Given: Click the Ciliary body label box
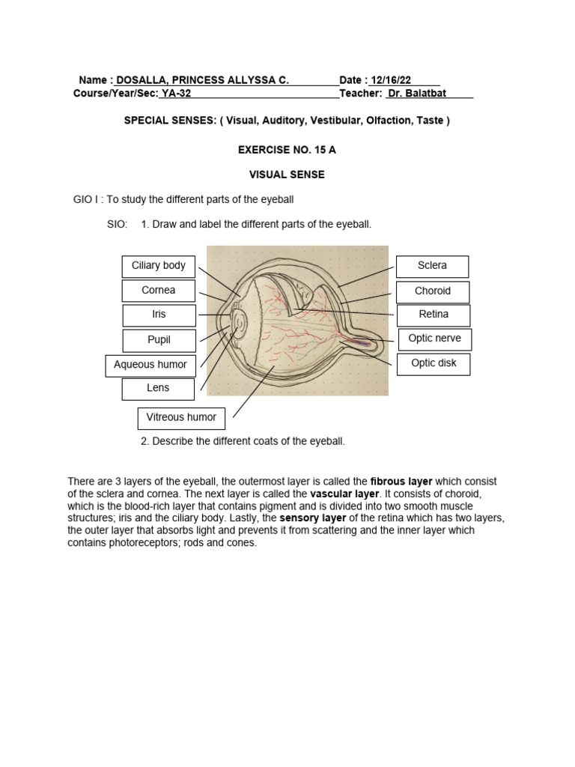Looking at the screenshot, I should (159, 266).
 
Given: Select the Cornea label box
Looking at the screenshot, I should (159, 291).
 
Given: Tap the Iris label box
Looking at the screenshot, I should (159, 315).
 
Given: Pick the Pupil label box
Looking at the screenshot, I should (159, 340).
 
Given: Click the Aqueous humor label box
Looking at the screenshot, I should (150, 366).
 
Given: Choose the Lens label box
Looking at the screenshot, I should (158, 389).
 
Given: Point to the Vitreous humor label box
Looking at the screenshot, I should (181, 418).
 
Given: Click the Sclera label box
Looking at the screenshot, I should (433, 266).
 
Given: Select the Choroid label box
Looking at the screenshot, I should (433, 291).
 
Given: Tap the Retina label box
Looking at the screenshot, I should (433, 315).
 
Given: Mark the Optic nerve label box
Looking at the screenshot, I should (434, 339).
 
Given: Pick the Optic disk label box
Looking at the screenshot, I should (434, 364).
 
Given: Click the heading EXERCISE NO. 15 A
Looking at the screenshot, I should (287, 150).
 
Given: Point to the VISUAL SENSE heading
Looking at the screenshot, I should (287, 175).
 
